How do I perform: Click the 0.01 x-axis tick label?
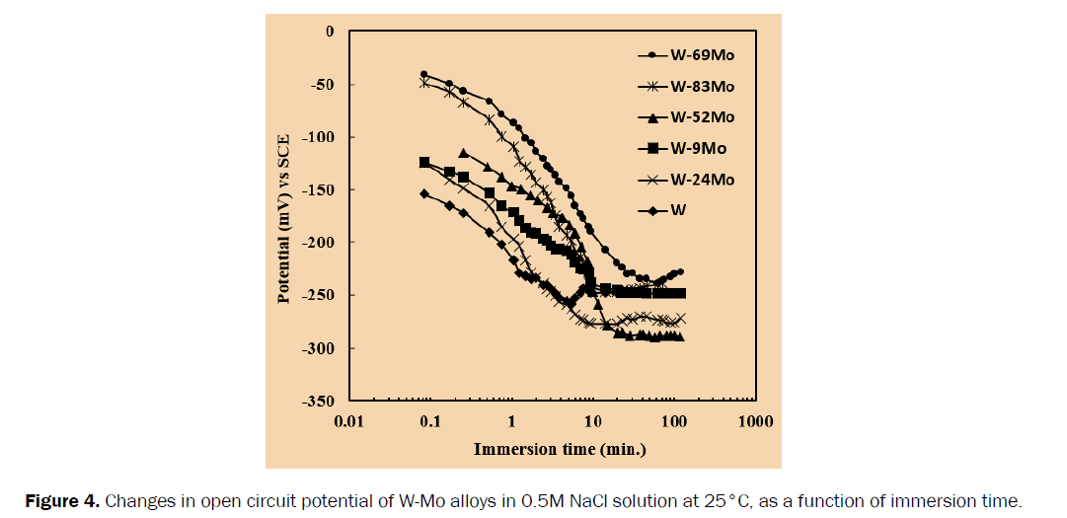click(349, 422)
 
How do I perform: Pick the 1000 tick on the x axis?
click(753, 422)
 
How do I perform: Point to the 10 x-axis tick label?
click(592, 422)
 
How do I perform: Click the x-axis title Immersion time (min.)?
click(559, 450)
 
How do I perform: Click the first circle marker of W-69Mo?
click(424, 74)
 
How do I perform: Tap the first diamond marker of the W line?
click(424, 193)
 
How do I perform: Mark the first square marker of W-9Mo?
click(424, 162)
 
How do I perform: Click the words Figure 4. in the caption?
click(61, 501)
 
